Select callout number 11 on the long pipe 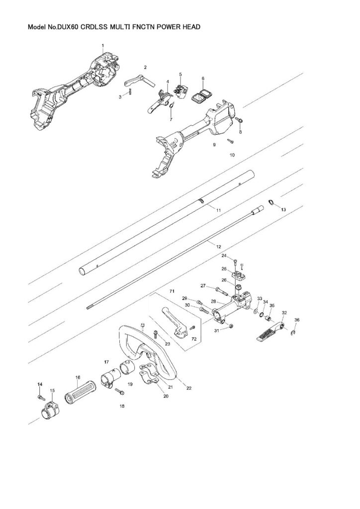218,211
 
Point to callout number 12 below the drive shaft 217,246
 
